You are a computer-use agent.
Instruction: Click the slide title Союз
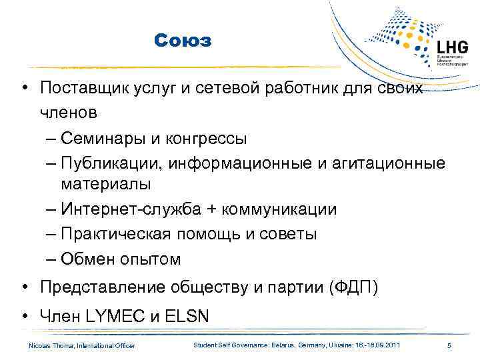(x=182, y=41)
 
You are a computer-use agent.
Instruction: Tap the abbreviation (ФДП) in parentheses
(x=353, y=288)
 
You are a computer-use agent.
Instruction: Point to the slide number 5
(x=449, y=345)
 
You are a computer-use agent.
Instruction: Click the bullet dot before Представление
(x=24, y=288)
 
